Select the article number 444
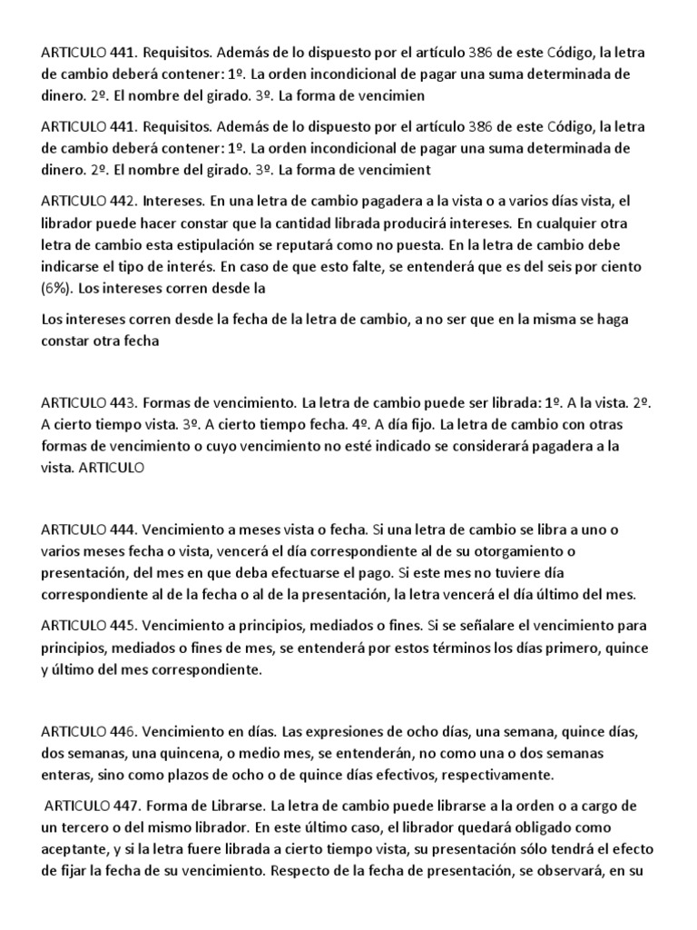pos(124,529)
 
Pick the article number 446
pos(124,731)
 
